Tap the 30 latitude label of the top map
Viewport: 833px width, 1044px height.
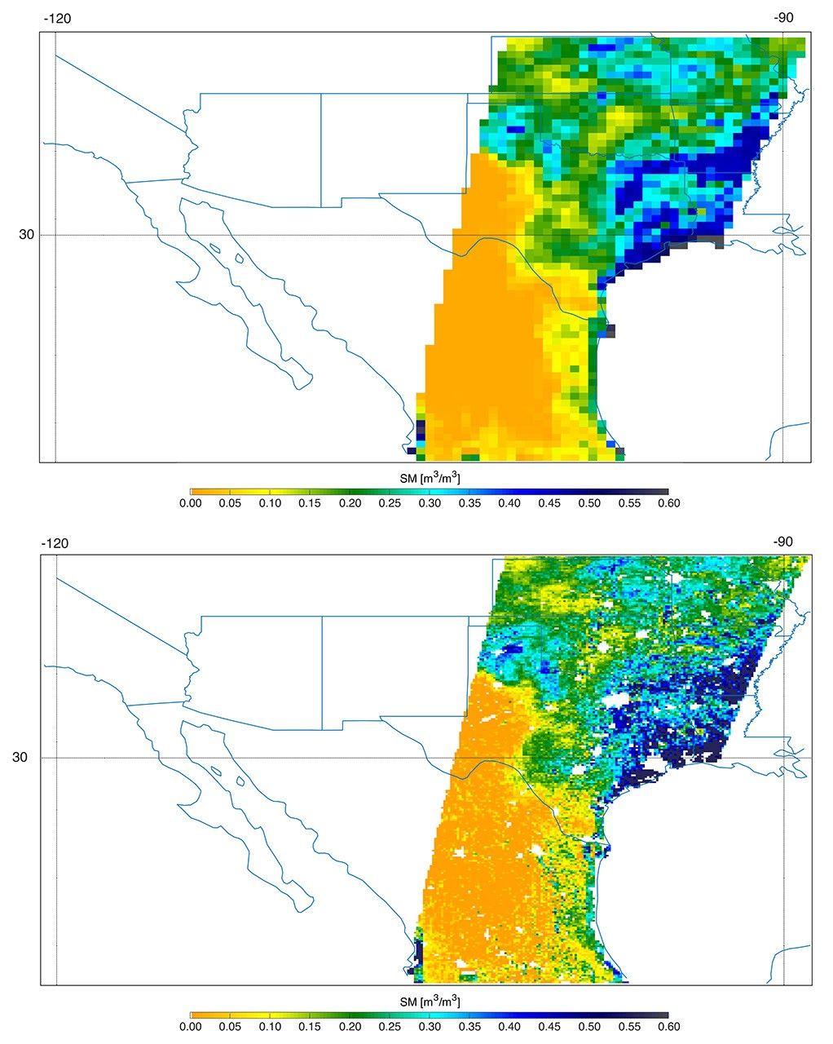[x=28, y=235]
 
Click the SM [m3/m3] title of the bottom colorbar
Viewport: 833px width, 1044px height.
[x=430, y=1000]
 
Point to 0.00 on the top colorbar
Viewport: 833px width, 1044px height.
[x=190, y=504]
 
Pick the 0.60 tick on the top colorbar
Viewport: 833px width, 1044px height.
[x=668, y=504]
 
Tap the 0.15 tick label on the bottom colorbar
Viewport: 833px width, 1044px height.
[x=310, y=1027]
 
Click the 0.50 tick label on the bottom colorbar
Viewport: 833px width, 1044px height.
[x=588, y=1027]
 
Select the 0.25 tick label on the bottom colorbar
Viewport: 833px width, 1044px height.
[x=390, y=1027]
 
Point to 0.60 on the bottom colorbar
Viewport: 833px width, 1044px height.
[x=668, y=1027]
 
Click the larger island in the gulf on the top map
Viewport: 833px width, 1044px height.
[x=239, y=259]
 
